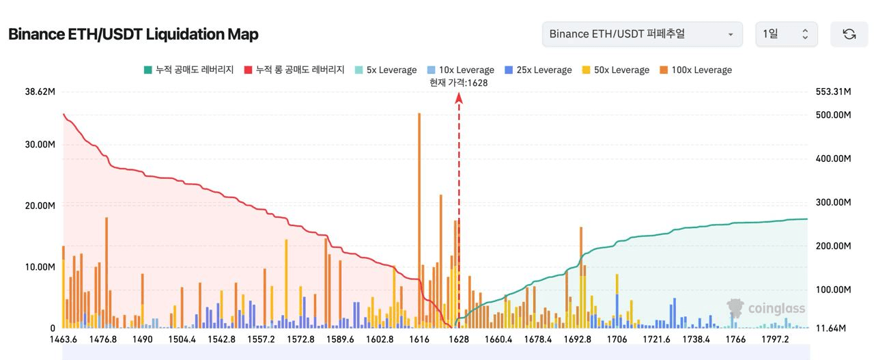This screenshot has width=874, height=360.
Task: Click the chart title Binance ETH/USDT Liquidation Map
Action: (133, 34)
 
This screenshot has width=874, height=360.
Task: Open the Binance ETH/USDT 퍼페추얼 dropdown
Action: (642, 34)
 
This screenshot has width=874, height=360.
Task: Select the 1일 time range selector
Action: (786, 34)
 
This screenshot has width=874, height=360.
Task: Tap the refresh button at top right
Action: (849, 34)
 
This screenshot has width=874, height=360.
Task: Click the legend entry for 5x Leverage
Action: (386, 70)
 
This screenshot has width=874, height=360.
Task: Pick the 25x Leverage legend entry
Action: (538, 70)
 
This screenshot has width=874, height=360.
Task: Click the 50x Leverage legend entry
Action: (615, 70)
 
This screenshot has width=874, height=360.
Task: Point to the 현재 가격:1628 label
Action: (459, 83)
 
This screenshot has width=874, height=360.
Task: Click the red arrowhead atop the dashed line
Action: (459, 98)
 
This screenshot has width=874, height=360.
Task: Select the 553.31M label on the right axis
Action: (833, 92)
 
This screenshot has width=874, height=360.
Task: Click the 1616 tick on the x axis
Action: (419, 340)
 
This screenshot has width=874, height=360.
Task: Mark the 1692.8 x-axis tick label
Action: (578, 340)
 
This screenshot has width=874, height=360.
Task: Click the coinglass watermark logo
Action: (766, 309)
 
